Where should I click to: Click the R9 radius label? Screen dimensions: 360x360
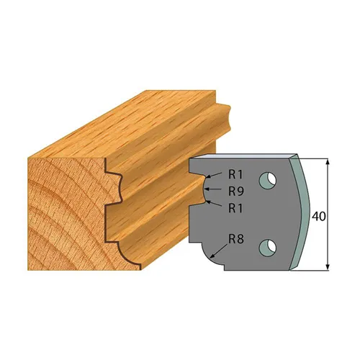(x=237, y=191)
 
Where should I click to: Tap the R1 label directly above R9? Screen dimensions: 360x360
(x=237, y=174)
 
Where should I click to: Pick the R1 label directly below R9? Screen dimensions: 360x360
(x=237, y=209)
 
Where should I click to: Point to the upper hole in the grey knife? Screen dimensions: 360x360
(x=269, y=178)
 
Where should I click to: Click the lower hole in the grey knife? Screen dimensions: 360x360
(x=269, y=246)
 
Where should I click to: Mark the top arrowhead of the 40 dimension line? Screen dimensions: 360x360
(x=329, y=162)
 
